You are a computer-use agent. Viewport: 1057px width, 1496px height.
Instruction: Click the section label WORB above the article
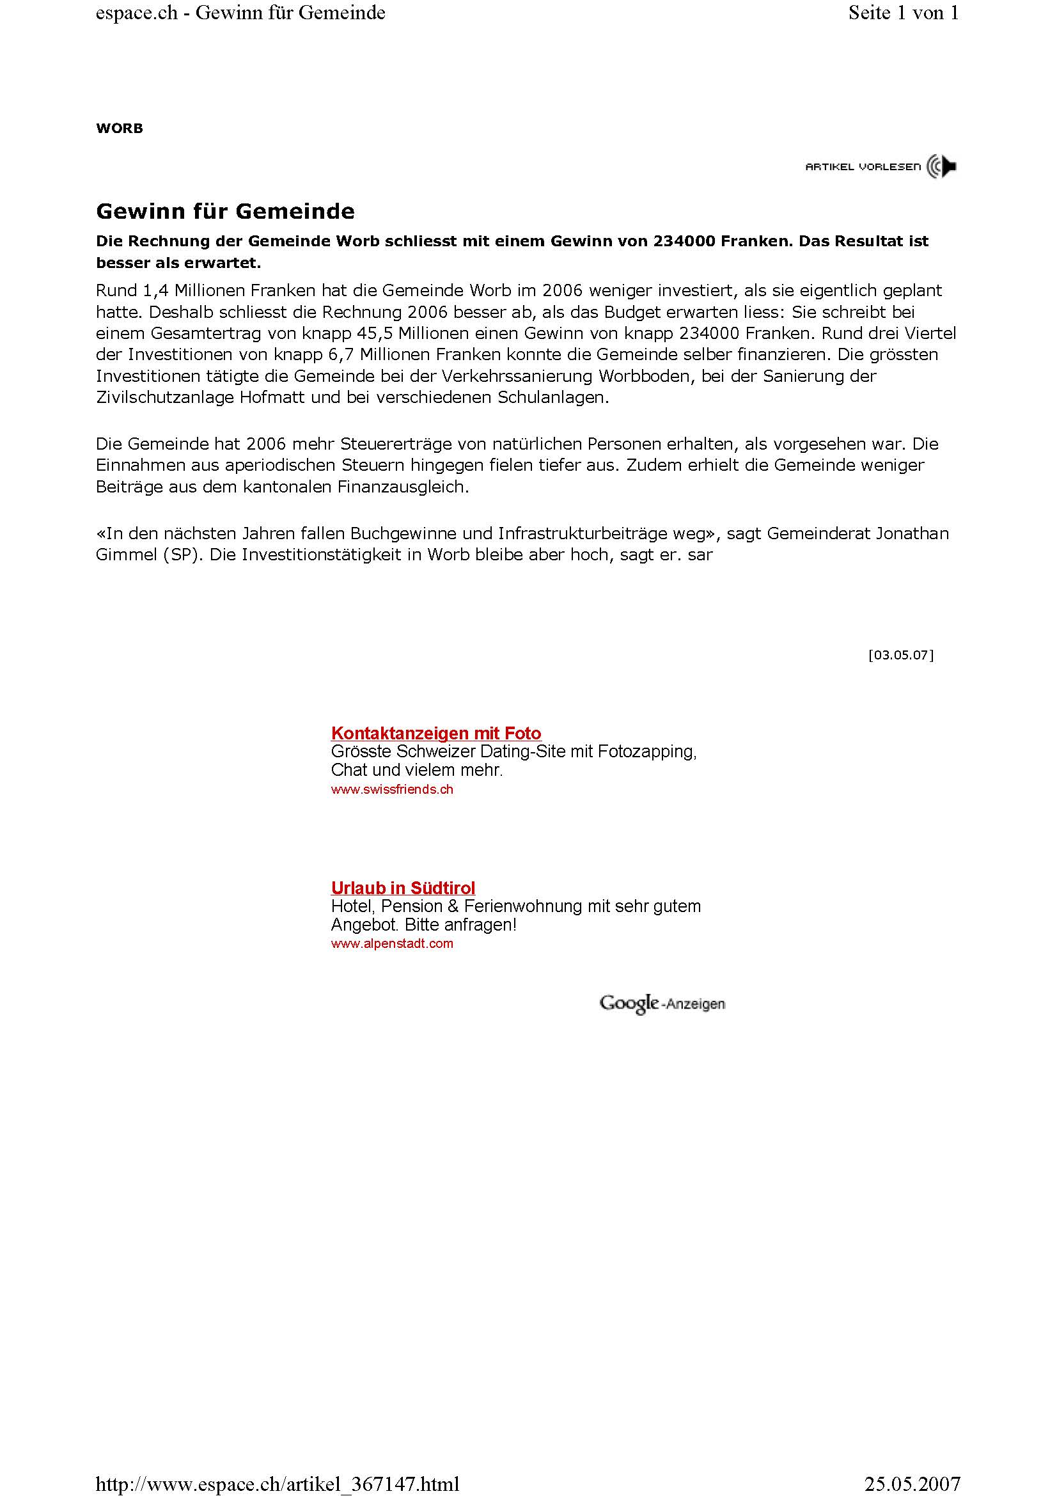(119, 129)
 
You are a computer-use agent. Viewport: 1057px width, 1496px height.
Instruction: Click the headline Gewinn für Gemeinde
(225, 211)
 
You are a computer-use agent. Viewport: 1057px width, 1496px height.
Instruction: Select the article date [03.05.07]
(901, 655)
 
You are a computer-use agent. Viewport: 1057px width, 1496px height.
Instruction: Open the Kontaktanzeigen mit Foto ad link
(435, 733)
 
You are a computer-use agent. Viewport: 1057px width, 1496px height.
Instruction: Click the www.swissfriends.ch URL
(391, 789)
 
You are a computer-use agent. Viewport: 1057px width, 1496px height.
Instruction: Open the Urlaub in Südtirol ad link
(402, 888)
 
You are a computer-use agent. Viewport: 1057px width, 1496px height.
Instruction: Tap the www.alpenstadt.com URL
(391, 943)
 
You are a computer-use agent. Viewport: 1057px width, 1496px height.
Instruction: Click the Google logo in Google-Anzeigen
(629, 1003)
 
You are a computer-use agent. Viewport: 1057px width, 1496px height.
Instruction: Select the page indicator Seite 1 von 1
(904, 13)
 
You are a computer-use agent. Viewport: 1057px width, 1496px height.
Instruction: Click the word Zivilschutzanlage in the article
(166, 397)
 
